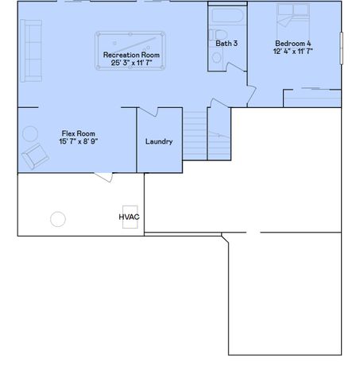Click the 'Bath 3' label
[x=227, y=43]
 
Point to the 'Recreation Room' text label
[x=131, y=55]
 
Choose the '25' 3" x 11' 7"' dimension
[x=131, y=62]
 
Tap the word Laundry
[x=159, y=142]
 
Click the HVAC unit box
[x=129, y=217]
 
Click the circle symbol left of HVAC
[x=58, y=218]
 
